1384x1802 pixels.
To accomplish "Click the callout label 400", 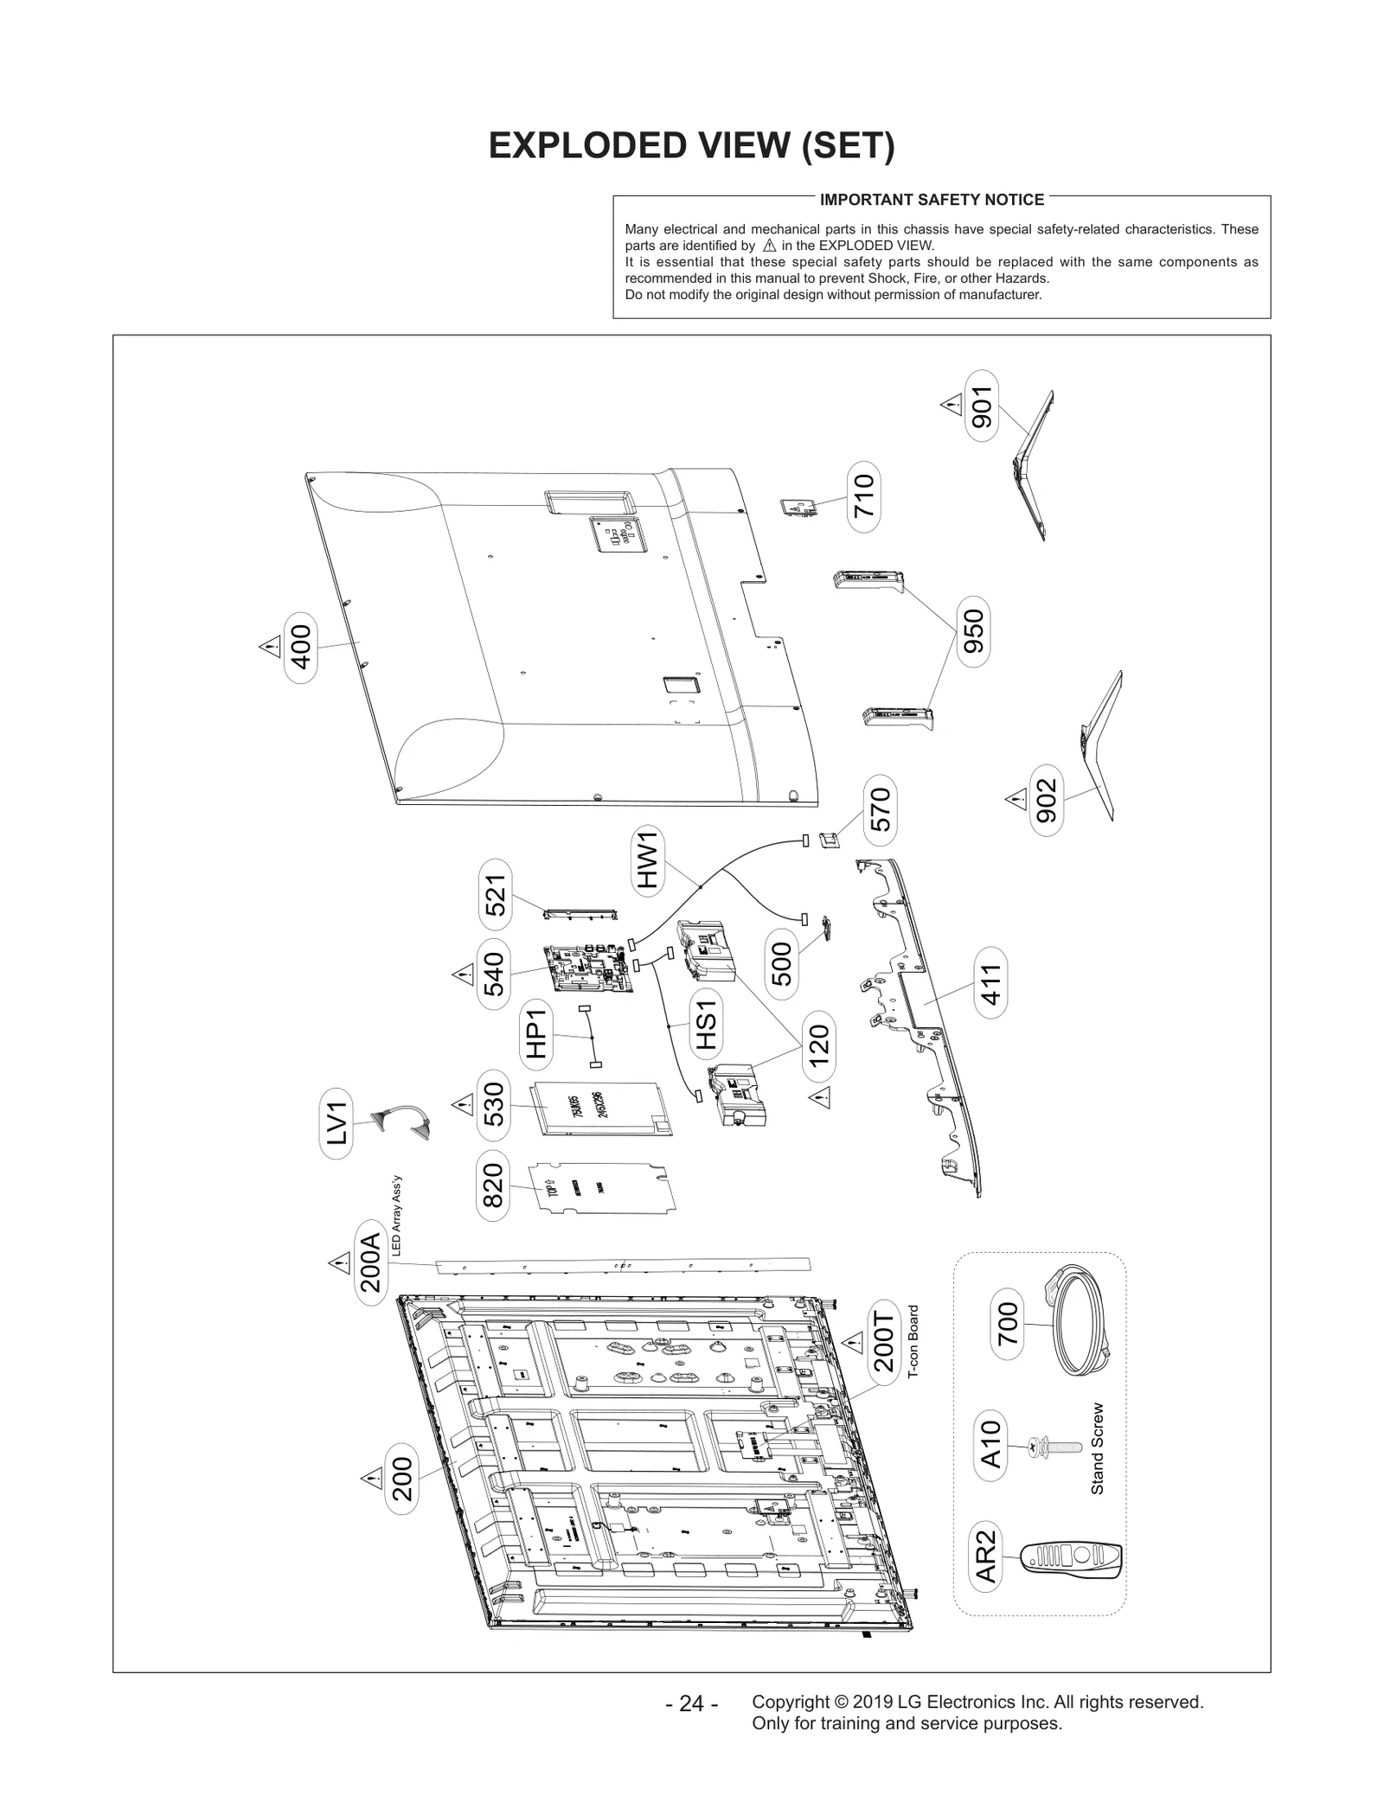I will pos(301,646).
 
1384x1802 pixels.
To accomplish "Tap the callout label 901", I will pos(981,406).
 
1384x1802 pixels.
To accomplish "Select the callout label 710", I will pos(863,496).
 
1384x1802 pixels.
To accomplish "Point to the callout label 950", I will pos(973,630).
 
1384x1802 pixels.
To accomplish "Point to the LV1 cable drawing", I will pos(402,1121).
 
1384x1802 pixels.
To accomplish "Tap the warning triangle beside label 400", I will pos(269,647).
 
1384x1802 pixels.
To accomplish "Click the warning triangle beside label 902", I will pos(1016,799).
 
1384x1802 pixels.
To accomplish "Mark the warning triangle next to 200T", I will pos(854,1343).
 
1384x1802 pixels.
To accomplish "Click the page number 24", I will pos(691,1703).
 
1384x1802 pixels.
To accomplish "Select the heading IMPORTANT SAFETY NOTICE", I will pos(932,200).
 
